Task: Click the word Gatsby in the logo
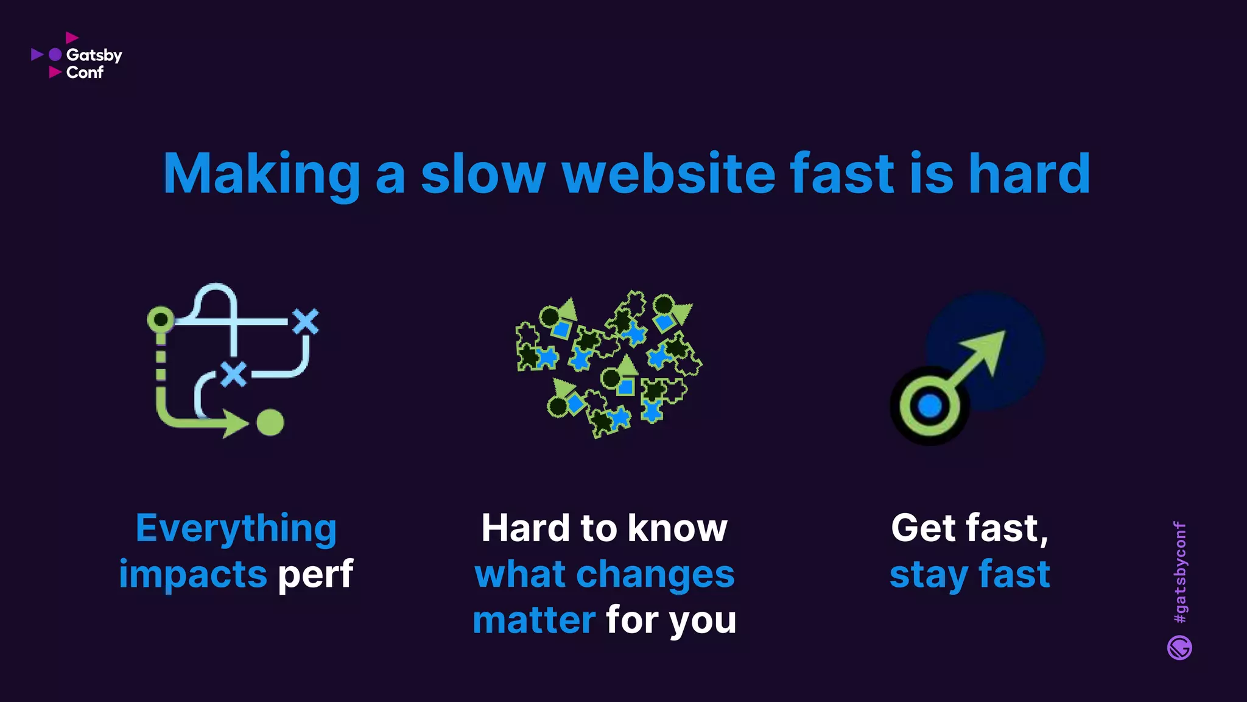pyautogui.click(x=94, y=55)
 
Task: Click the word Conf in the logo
pyautogui.click(x=85, y=73)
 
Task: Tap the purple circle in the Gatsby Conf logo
pyautogui.click(x=55, y=55)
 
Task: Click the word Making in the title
pyautogui.click(x=262, y=174)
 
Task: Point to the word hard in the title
pyautogui.click(x=1029, y=174)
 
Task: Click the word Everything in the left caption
pyautogui.click(x=236, y=529)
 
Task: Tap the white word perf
pyautogui.click(x=315, y=575)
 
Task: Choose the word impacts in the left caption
pyautogui.click(x=193, y=575)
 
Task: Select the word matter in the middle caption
pyautogui.click(x=534, y=620)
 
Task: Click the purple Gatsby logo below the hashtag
pyautogui.click(x=1179, y=648)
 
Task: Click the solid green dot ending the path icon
pyautogui.click(x=270, y=422)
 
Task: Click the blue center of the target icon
pyautogui.click(x=929, y=406)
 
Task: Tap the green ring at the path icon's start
pyautogui.click(x=161, y=319)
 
